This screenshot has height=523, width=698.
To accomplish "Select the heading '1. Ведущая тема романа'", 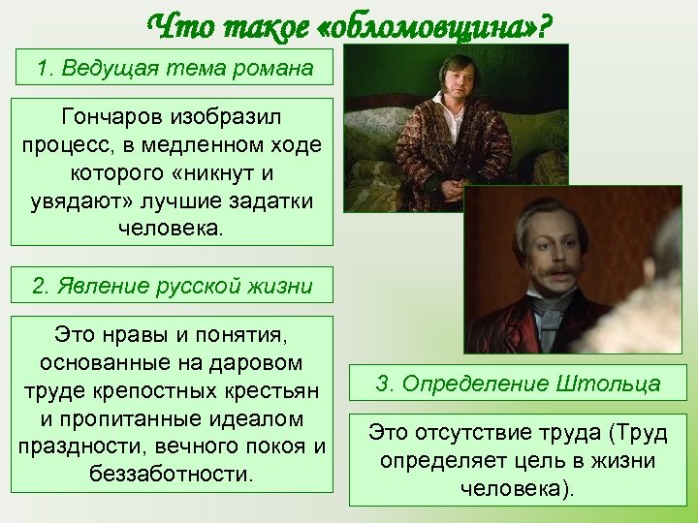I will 174,69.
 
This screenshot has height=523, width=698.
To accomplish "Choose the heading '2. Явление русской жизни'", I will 173,286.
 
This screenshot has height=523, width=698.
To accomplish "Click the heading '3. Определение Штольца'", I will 518,384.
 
